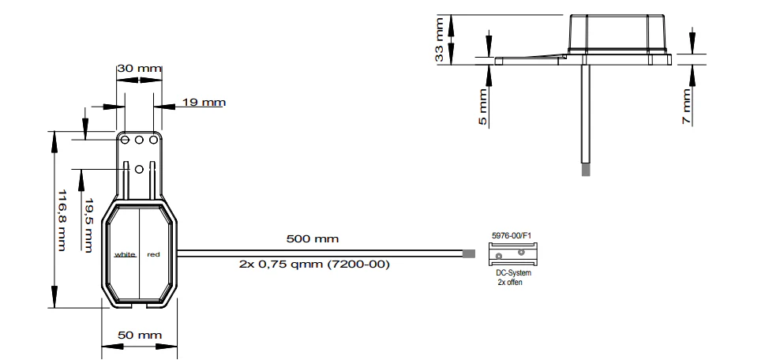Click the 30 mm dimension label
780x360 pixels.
click(139, 68)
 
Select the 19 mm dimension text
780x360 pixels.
click(204, 103)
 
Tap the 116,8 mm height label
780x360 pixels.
click(62, 219)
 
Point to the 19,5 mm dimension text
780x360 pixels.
click(88, 225)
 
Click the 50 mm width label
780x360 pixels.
click(140, 336)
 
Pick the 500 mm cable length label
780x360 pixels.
click(313, 238)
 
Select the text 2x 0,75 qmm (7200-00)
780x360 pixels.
click(314, 264)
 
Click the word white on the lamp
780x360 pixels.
click(125, 254)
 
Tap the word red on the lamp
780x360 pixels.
click(154, 254)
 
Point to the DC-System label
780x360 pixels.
click(513, 273)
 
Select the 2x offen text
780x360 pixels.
click(510, 283)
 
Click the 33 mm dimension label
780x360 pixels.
click(439, 39)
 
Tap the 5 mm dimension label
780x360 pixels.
click(483, 107)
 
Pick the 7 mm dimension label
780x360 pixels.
click(687, 107)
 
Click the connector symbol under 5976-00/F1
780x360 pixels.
click(514, 254)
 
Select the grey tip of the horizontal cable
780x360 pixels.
click(469, 253)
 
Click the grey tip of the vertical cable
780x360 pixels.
click(586, 170)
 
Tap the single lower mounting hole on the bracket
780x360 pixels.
click(139, 170)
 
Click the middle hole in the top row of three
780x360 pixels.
click(139, 141)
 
